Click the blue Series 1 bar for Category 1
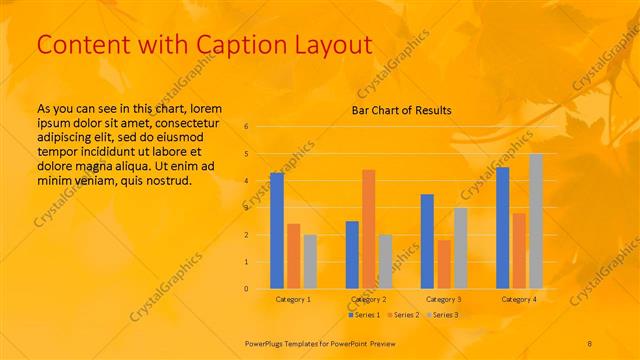coord(277,231)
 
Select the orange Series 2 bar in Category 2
coord(368,229)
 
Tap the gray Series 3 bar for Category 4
coord(536,221)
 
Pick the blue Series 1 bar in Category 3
coord(427,241)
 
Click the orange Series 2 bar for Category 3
coord(443,264)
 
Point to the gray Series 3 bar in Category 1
coord(310,262)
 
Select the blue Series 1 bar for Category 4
coord(502,228)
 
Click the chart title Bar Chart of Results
coord(401,110)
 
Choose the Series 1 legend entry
coord(365,315)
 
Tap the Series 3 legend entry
coord(442,315)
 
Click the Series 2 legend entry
coord(404,315)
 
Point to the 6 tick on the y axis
coord(246,127)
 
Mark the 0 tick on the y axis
coord(246,289)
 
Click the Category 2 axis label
coord(368,300)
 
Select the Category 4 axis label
coord(518,300)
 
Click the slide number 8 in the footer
coord(590,342)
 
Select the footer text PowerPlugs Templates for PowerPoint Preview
coord(320,342)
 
